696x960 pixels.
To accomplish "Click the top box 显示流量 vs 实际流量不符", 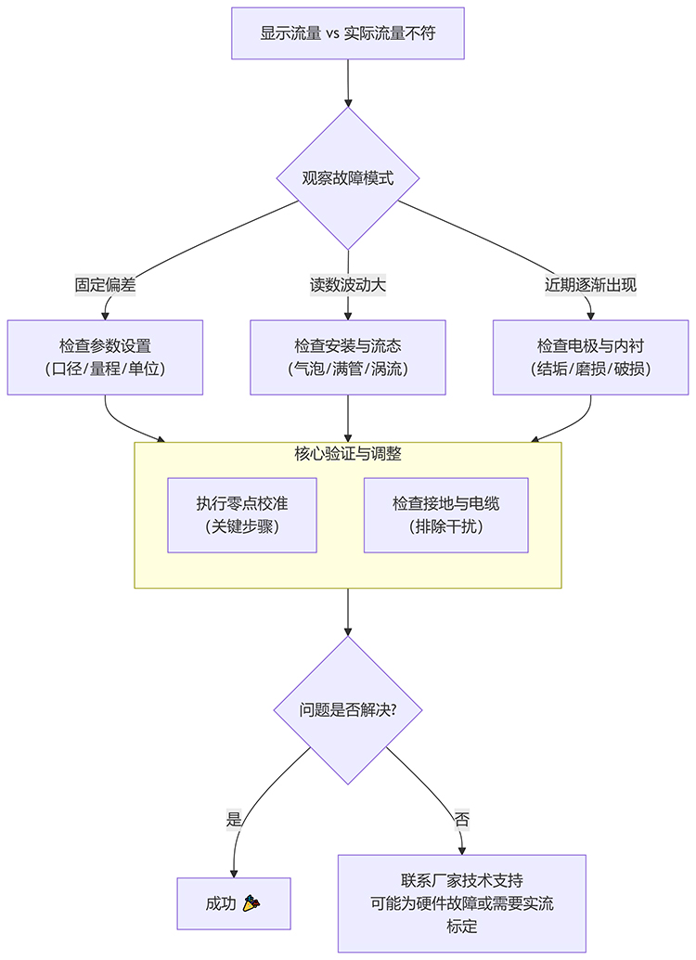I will (x=348, y=33).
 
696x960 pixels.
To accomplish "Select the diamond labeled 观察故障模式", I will (x=348, y=178).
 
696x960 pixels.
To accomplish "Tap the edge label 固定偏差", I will (x=106, y=285).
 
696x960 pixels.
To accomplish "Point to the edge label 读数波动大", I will (x=348, y=285).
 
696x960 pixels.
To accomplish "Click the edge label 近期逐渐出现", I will (x=590, y=285).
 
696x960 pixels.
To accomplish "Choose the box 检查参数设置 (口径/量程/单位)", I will (x=105, y=357).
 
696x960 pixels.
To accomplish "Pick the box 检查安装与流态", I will (x=348, y=357).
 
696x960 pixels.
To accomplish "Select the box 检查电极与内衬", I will (x=590, y=357).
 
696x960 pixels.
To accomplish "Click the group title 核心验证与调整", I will (x=348, y=454).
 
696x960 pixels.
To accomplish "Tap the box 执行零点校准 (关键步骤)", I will (x=242, y=515).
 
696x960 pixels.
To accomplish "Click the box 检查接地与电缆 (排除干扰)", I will (x=445, y=515).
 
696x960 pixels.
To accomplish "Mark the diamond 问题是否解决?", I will (x=348, y=710).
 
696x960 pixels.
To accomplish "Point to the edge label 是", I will (x=234, y=819).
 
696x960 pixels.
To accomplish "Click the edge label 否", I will (x=461, y=819).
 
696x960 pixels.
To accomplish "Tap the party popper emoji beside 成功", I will (x=251, y=903).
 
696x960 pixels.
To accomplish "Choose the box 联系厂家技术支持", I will (x=461, y=903).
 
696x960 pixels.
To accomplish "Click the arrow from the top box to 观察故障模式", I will (x=348, y=84).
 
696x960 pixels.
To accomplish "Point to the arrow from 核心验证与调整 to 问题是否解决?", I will (x=348, y=612).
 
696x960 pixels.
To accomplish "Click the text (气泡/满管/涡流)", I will (x=348, y=369).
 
